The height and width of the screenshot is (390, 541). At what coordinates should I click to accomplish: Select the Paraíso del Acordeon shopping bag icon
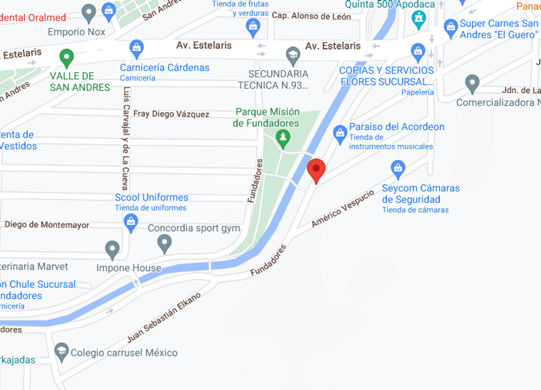340,133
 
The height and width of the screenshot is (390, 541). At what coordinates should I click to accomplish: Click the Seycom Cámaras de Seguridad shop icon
397,168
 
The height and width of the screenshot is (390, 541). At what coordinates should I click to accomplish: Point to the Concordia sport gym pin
164,243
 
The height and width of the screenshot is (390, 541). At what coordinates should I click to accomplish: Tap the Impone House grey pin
112,249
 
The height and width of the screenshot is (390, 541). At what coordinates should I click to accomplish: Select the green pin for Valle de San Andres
66,58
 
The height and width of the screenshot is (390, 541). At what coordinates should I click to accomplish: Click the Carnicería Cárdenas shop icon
136,47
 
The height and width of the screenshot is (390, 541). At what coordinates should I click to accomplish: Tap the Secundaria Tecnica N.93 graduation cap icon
293,55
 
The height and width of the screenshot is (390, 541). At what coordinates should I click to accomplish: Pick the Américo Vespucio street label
343,209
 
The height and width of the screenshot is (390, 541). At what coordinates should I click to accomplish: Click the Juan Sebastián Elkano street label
164,317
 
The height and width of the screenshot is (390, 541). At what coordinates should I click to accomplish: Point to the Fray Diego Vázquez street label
171,114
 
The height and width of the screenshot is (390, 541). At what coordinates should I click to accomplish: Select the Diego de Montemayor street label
47,225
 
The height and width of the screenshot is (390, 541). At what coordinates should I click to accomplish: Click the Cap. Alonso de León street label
311,16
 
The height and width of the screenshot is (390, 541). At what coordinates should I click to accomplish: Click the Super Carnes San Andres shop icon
450,27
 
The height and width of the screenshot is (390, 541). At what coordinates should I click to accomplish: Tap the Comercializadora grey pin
472,83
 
